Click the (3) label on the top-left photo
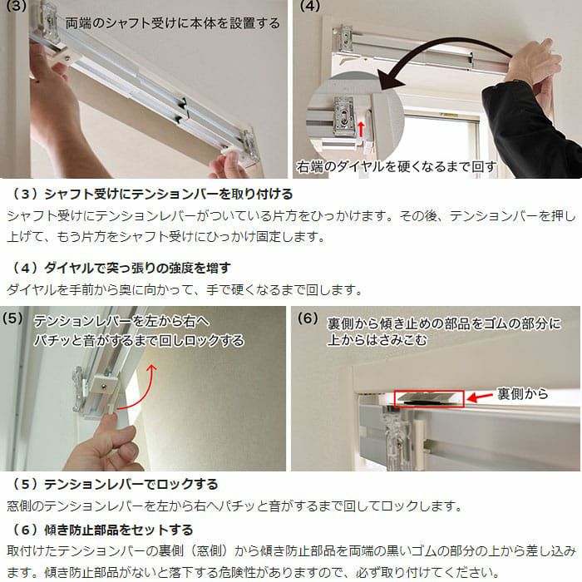(16, 7)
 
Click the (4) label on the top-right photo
(310, 7)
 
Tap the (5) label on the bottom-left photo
(12, 318)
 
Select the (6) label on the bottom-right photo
(308, 318)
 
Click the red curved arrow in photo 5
(143, 393)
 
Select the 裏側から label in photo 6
(523, 393)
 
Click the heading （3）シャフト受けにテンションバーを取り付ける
(151, 194)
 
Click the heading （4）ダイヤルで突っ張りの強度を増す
(121, 268)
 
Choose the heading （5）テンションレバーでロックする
(114, 484)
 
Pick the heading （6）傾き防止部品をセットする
(101, 530)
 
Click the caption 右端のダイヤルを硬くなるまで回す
(396, 166)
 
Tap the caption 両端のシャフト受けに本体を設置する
(173, 23)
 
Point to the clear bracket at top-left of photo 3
(47, 17)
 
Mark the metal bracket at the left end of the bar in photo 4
(345, 37)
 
